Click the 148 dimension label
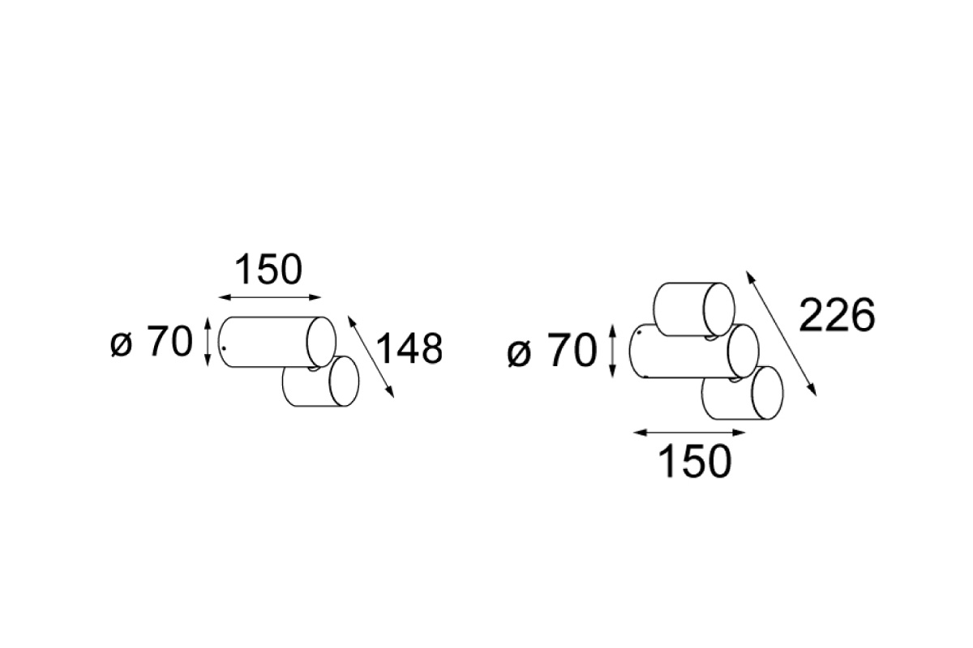point(409,348)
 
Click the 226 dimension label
point(837,316)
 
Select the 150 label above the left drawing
point(268,270)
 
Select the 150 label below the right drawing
point(695,461)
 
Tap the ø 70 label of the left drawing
point(152,342)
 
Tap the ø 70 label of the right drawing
point(552,351)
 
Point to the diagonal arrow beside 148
point(371,356)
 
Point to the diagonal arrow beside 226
point(781,334)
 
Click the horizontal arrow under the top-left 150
point(269,297)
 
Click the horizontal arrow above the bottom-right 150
point(689,433)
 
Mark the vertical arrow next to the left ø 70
point(208,342)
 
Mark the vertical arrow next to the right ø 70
point(612,351)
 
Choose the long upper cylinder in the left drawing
point(276,342)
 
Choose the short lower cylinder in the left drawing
point(321,382)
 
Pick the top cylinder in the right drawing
point(694,309)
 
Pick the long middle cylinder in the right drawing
point(694,351)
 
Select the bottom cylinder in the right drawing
point(743,393)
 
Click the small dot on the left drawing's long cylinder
point(223,347)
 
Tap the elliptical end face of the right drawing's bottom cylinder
point(768,393)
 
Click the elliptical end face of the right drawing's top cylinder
point(719,309)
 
